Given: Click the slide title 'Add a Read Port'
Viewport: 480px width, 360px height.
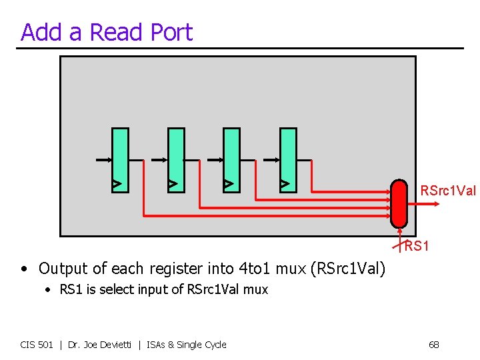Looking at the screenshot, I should tap(107, 32).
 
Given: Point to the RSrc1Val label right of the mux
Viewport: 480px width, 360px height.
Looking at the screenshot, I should tap(448, 191).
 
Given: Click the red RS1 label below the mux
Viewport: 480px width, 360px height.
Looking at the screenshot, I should tap(417, 247).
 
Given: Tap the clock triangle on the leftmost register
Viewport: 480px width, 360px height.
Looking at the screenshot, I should tap(116, 183).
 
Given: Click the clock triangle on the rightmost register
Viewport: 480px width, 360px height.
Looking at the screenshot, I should tap(285, 183).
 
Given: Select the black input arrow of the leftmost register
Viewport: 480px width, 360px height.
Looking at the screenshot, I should tap(103, 160).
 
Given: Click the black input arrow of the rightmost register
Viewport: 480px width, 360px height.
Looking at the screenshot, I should tap(271, 160).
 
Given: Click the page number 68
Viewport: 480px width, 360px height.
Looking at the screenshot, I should tap(433, 345).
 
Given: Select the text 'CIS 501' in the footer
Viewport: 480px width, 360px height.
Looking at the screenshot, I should tap(37, 345).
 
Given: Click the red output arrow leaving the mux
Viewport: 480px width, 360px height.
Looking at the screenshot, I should tap(411, 201).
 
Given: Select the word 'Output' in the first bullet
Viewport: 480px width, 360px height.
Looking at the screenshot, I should tap(62, 269).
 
